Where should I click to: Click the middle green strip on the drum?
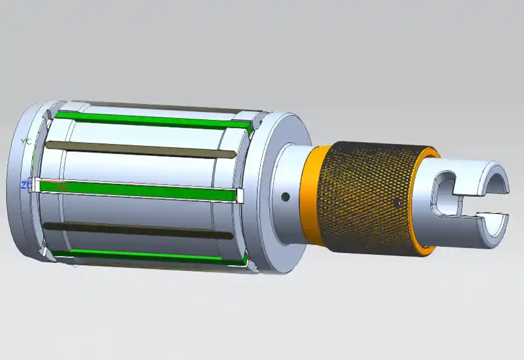coord(138,190)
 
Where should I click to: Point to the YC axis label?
coord(26,141)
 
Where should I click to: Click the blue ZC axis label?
coord(25,186)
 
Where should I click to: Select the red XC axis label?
coord(62,187)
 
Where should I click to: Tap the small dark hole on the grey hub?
coord(285,196)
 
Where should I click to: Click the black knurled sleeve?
coord(370,196)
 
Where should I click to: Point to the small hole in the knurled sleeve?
coord(397,204)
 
